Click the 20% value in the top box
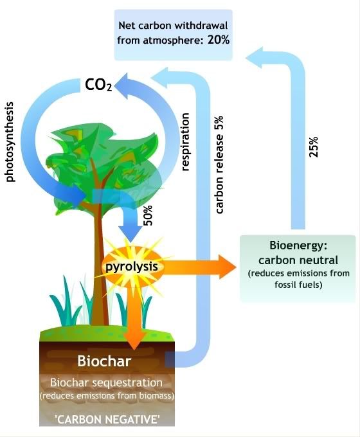click(x=219, y=40)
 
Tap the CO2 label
click(x=98, y=85)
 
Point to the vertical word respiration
click(x=185, y=141)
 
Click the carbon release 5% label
click(x=219, y=165)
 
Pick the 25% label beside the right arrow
click(x=314, y=147)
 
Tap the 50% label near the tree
click(x=148, y=215)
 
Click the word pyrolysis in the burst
click(x=131, y=267)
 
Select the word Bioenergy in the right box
click(x=298, y=245)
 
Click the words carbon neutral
click(x=298, y=260)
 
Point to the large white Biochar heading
click(x=104, y=361)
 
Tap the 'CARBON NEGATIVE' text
click(x=108, y=420)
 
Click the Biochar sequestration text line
click(x=106, y=382)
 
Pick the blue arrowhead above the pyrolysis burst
click(x=130, y=233)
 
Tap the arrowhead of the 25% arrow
click(x=255, y=58)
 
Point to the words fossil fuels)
click(x=298, y=285)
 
